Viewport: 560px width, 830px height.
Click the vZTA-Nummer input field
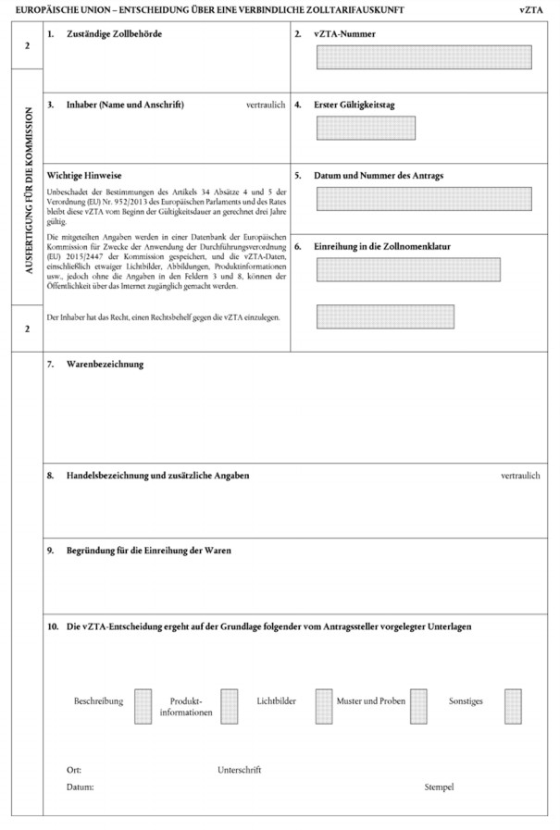click(x=423, y=57)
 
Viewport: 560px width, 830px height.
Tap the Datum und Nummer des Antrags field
click(x=423, y=198)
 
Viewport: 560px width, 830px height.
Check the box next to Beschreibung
click(x=142, y=706)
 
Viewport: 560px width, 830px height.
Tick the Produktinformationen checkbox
click(x=229, y=706)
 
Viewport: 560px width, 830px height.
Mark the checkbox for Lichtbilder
click(x=323, y=706)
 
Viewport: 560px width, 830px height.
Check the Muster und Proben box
click(x=418, y=706)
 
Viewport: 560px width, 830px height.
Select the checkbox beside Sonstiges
click(x=513, y=706)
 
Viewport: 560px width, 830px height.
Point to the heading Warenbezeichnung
click(x=105, y=365)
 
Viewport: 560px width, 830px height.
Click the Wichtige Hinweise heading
click(x=84, y=175)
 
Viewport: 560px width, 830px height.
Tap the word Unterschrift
click(x=240, y=770)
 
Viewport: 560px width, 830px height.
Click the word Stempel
click(x=440, y=787)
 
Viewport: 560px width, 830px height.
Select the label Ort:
click(x=74, y=770)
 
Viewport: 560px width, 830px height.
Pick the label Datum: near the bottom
click(x=80, y=787)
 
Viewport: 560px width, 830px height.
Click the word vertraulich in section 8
click(x=520, y=476)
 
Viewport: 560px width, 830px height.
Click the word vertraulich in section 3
click(x=266, y=105)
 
